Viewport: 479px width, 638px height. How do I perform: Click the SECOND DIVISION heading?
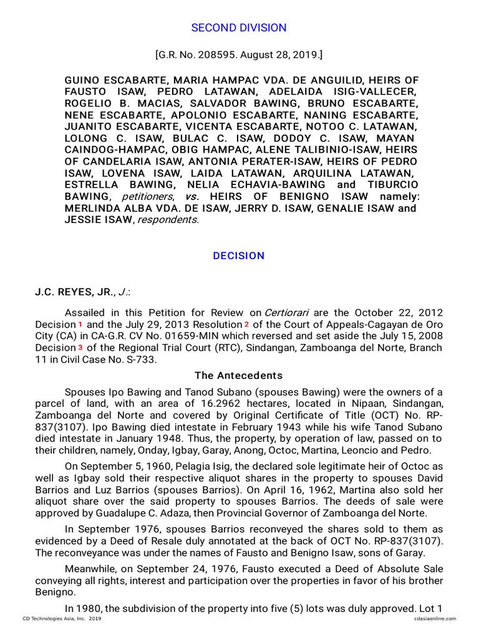coord(239,27)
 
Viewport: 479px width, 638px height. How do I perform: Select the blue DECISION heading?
coord(239,256)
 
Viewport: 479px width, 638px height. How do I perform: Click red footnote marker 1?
coord(79,325)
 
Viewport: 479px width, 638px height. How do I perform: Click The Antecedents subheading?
coord(239,376)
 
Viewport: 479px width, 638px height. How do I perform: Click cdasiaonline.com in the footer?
coord(435,619)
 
